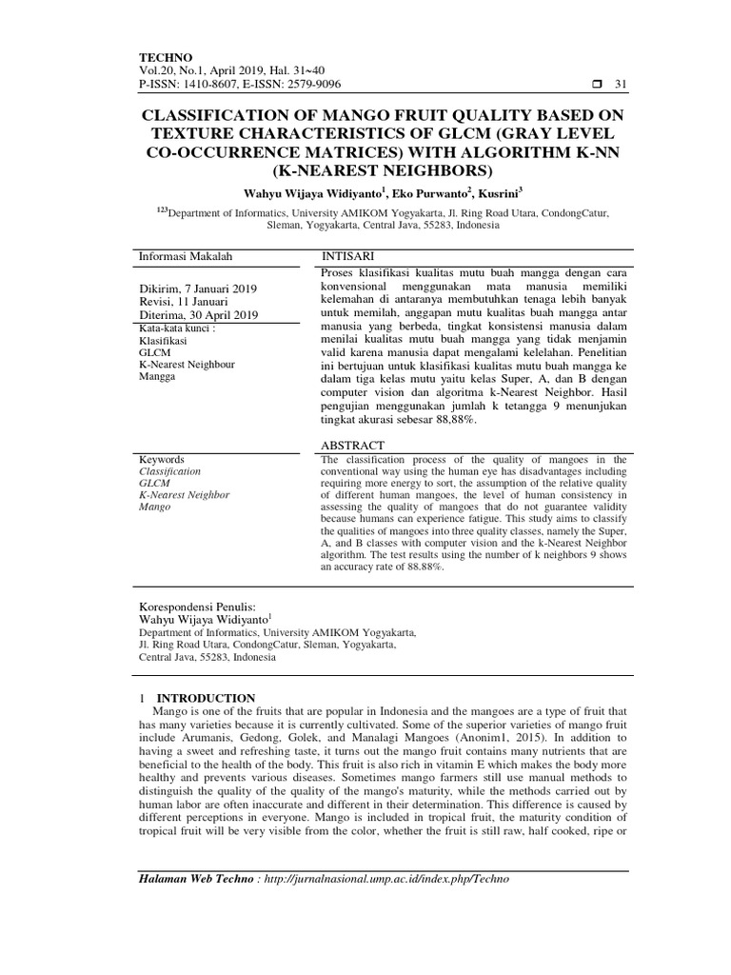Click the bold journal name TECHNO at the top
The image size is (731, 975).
(x=166, y=57)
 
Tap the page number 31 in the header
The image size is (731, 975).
(x=622, y=85)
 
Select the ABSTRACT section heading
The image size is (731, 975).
(x=353, y=445)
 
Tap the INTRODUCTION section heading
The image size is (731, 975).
(x=206, y=697)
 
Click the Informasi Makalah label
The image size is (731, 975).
(x=186, y=256)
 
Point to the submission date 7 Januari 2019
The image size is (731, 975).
(x=218, y=289)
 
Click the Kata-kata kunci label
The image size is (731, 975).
(x=178, y=328)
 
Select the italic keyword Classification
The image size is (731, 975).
(x=170, y=470)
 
